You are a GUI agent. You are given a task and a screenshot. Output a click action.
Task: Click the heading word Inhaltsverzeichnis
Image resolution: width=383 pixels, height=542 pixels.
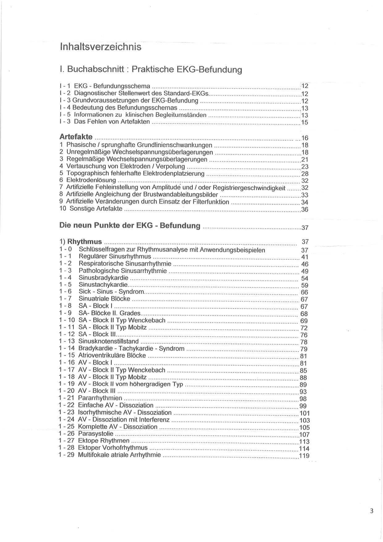(101, 47)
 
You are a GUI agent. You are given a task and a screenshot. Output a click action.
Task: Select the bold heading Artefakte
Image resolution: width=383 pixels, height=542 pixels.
(76, 137)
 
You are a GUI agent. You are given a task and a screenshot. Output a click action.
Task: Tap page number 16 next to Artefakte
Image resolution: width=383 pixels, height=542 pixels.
(305, 138)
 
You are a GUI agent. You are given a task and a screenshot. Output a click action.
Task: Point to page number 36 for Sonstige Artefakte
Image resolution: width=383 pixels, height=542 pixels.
(305, 210)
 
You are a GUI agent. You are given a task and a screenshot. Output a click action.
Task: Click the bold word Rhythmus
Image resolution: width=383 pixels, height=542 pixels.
(85, 241)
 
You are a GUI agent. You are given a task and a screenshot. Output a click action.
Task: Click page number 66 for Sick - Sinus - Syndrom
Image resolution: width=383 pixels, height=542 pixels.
(304, 292)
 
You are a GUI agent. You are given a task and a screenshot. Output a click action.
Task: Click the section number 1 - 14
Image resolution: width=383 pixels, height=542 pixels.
(66, 348)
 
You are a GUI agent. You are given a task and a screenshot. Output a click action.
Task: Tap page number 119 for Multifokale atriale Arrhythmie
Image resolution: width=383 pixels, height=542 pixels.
(304, 456)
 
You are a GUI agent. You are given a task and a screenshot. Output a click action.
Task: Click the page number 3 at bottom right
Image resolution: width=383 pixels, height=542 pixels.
(372, 511)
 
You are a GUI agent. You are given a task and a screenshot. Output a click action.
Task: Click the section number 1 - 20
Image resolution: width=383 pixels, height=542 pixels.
(66, 391)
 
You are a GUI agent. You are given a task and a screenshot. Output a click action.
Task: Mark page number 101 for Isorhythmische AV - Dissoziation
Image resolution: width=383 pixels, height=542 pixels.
(305, 413)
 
